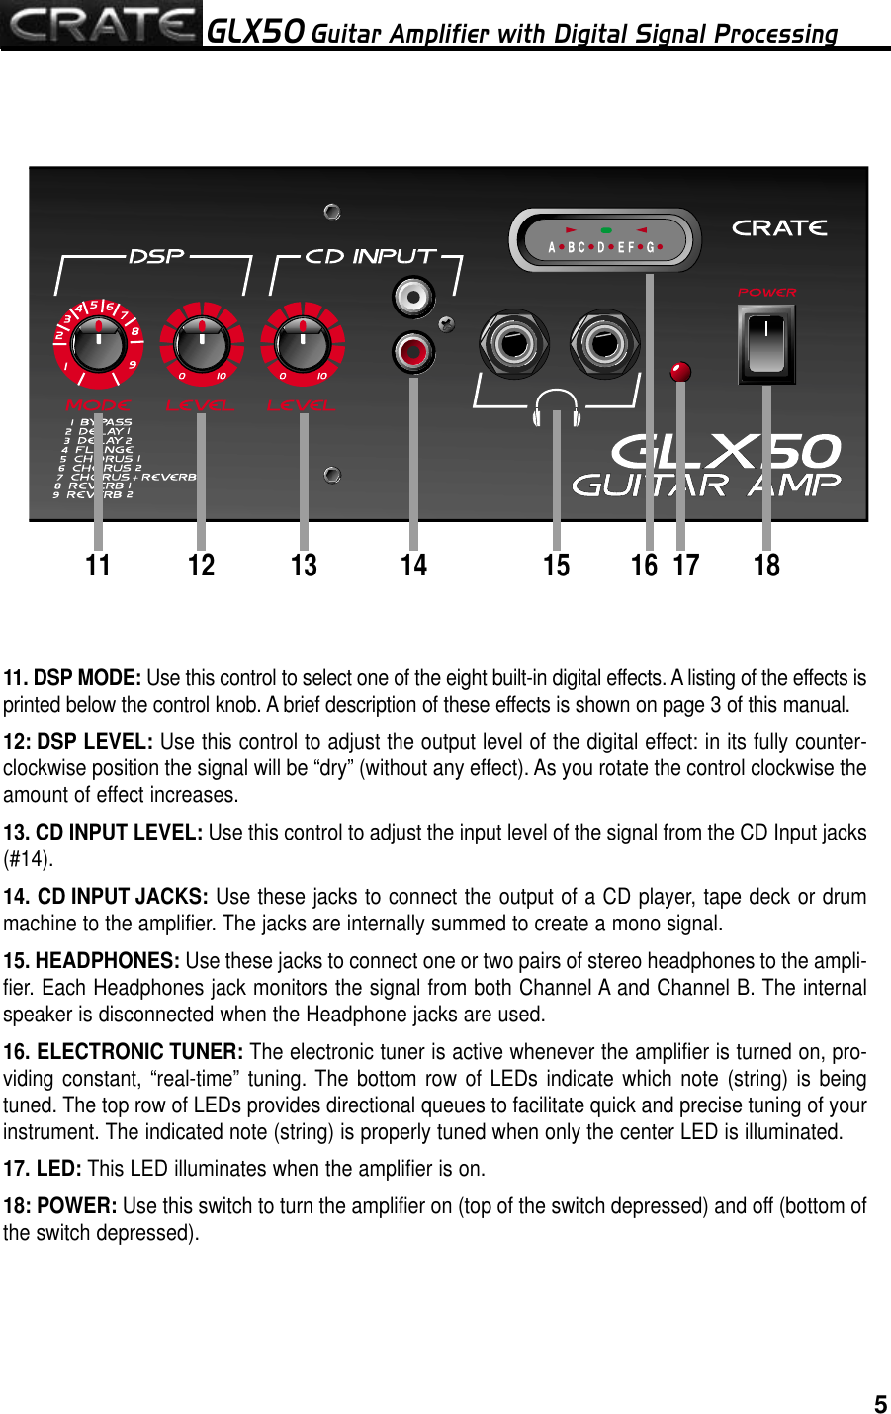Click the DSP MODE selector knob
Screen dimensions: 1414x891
click(x=98, y=343)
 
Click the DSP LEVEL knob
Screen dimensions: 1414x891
click(x=202, y=343)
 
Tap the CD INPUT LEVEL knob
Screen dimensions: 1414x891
click(x=303, y=343)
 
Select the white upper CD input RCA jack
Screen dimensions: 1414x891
click(x=412, y=298)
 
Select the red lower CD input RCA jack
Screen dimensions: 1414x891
click(x=412, y=351)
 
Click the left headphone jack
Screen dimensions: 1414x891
click(x=513, y=344)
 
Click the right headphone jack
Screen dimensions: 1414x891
click(x=604, y=344)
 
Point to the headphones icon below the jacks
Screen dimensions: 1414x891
click(x=557, y=405)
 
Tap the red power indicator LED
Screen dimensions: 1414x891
click(x=680, y=372)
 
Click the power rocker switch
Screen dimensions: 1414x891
click(x=766, y=344)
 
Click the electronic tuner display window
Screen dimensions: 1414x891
click(x=605, y=239)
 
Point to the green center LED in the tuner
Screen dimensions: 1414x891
click(x=605, y=230)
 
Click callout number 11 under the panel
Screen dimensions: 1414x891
click(x=98, y=566)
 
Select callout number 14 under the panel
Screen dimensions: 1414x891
click(x=413, y=566)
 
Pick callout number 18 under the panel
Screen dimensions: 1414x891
click(x=766, y=566)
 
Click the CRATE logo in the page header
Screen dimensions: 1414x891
click(x=101, y=25)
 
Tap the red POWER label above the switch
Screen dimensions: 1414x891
click(x=766, y=293)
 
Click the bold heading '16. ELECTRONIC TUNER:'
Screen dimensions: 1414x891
click(x=124, y=1052)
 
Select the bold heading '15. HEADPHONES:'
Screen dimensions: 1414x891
click(x=91, y=961)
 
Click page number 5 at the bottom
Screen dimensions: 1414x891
click(x=879, y=1404)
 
